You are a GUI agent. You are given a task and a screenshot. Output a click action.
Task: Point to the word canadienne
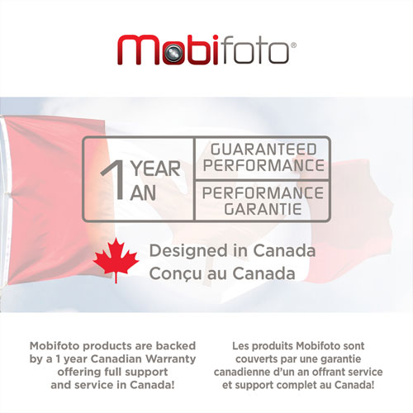pyautogui.click(x=263, y=373)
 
